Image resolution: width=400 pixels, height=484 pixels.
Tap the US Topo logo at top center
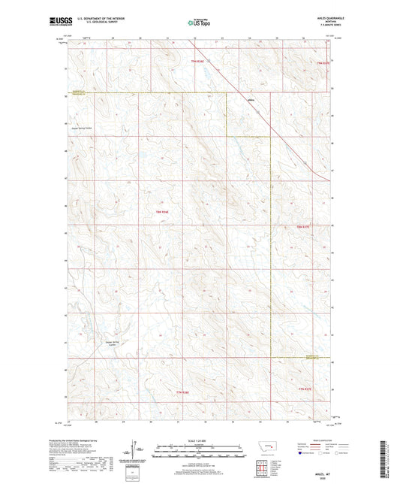pyautogui.click(x=198, y=23)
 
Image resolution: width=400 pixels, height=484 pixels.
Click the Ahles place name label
pyautogui.click(x=251, y=103)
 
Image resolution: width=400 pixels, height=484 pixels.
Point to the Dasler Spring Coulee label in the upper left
pyautogui.click(x=91, y=127)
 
